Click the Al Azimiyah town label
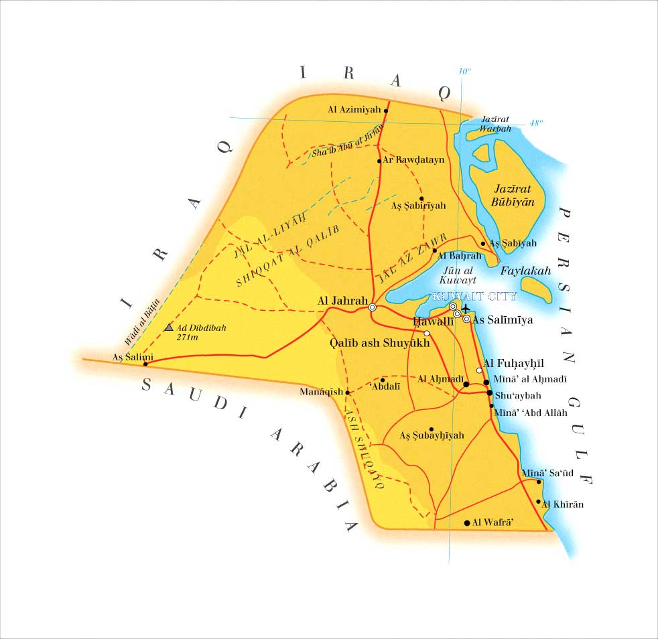point(354,109)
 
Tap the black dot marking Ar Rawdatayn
point(379,161)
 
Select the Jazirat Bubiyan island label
point(507,194)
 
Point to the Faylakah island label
point(525,271)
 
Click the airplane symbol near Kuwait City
point(466,309)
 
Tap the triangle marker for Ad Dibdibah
point(169,328)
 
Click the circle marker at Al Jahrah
point(372,307)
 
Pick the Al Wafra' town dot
point(467,522)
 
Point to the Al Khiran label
point(562,504)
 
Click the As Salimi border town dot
point(145,364)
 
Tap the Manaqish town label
point(321,392)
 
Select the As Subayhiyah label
point(432,435)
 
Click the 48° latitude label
point(535,123)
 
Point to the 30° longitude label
point(464,71)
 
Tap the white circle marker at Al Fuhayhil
point(479,370)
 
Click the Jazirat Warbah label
point(497,123)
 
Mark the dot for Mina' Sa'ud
point(539,482)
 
